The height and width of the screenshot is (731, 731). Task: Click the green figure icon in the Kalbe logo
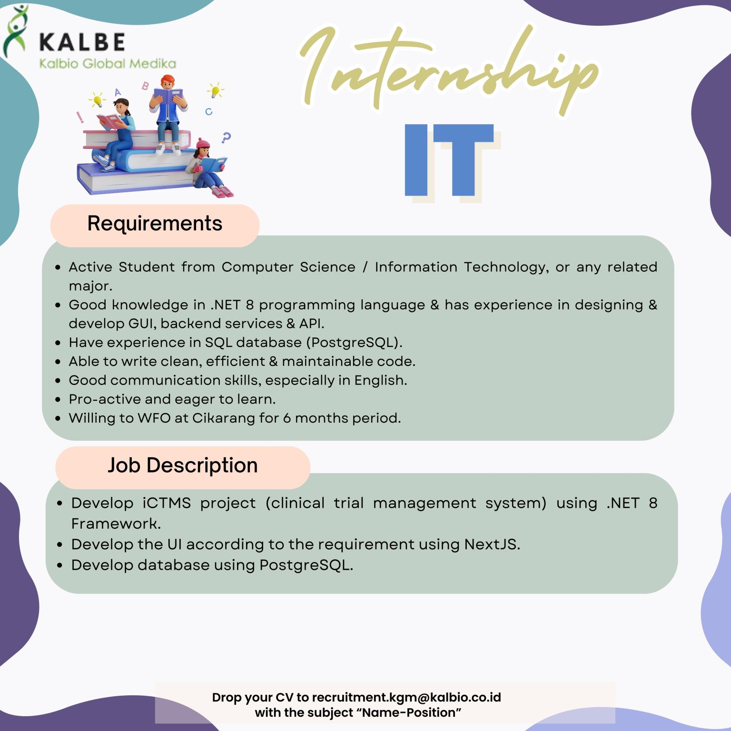click(15, 31)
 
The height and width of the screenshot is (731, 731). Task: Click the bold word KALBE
click(82, 42)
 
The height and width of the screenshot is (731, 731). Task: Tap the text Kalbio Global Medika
click(108, 63)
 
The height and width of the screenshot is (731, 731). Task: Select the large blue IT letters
click(449, 160)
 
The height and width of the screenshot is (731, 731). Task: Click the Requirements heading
click(155, 224)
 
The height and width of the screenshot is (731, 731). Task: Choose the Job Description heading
click(183, 465)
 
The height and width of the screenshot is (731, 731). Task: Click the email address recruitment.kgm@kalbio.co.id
click(406, 697)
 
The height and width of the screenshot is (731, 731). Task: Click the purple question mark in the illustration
click(226, 138)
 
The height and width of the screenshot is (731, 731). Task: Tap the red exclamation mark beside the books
click(80, 117)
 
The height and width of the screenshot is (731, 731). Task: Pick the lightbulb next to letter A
click(97, 99)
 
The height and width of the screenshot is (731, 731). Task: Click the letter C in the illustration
click(208, 112)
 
